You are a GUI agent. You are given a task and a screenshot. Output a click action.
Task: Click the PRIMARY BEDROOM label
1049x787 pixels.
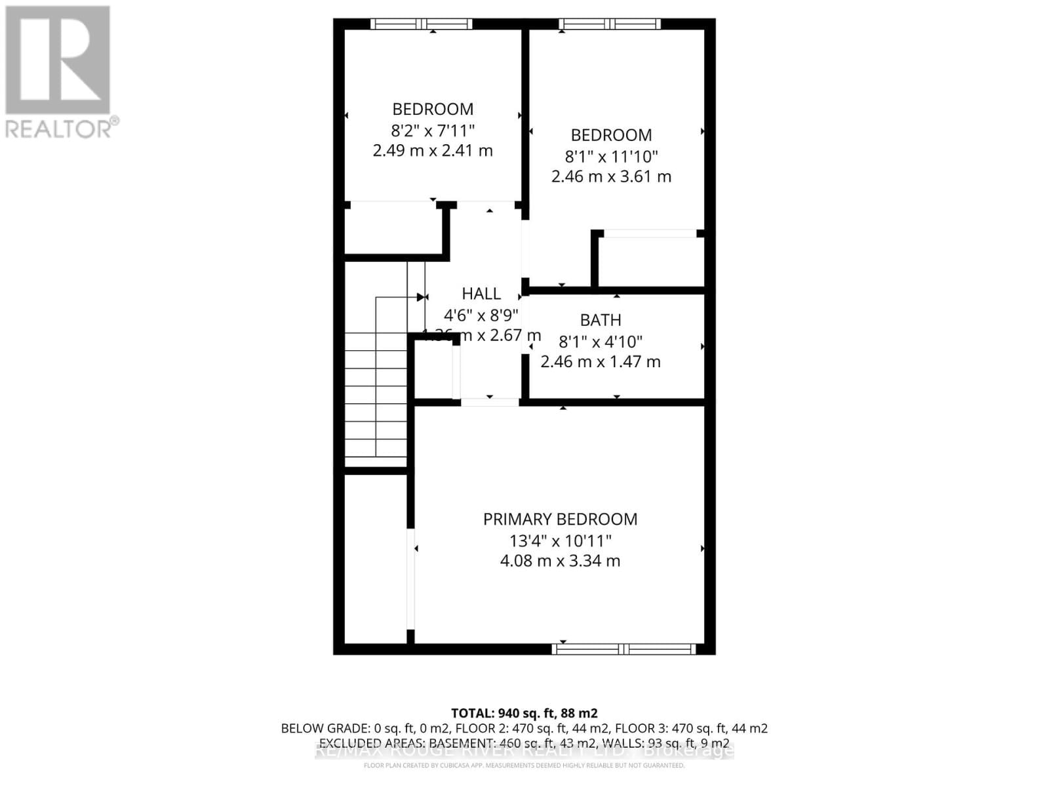pyautogui.click(x=560, y=519)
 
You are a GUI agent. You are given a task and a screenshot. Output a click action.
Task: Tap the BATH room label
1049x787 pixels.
pyautogui.click(x=601, y=320)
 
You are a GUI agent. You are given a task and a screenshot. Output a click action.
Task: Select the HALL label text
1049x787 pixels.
pyautogui.click(x=481, y=294)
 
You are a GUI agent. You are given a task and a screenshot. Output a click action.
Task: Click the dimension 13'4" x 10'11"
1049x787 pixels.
pyautogui.click(x=560, y=541)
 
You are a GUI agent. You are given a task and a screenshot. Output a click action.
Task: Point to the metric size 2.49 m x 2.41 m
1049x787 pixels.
pyautogui.click(x=433, y=151)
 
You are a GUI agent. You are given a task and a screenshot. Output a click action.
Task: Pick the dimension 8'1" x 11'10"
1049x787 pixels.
pyautogui.click(x=611, y=157)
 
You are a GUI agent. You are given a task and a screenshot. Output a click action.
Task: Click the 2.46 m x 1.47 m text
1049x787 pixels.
pyautogui.click(x=600, y=362)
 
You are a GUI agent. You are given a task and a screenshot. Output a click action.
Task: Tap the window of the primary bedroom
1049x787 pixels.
pyautogui.click(x=623, y=649)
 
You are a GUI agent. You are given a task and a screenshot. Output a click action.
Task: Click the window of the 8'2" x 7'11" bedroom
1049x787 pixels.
pyautogui.click(x=421, y=24)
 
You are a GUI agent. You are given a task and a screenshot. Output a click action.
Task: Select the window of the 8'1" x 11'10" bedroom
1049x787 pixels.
pyautogui.click(x=610, y=24)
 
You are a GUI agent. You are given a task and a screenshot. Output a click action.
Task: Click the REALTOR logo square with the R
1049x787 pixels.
pyautogui.click(x=58, y=60)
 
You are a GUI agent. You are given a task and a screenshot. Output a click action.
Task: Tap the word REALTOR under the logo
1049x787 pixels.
pyautogui.click(x=59, y=129)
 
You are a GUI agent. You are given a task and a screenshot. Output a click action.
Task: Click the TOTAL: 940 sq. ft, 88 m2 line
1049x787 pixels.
pyautogui.click(x=524, y=713)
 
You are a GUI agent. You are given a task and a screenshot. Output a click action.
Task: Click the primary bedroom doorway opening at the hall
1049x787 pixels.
pyautogui.click(x=490, y=402)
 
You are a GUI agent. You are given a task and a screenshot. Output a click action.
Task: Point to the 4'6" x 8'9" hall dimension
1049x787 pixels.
pyautogui.click(x=481, y=315)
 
